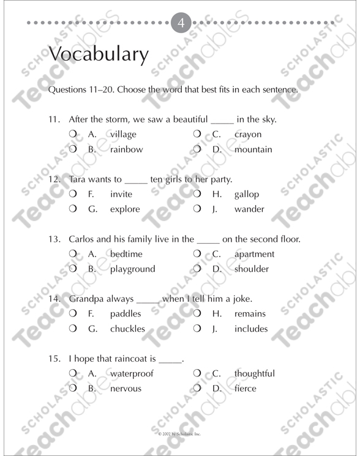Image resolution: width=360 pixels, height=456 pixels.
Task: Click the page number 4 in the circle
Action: click(x=180, y=23)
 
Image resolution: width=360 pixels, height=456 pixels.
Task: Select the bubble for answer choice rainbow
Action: click(x=72, y=149)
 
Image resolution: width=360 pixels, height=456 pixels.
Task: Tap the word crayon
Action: click(x=247, y=134)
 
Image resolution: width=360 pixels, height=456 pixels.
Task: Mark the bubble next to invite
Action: click(x=72, y=194)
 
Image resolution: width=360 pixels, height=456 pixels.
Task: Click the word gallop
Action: click(x=247, y=195)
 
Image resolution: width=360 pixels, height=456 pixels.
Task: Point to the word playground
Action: click(x=133, y=269)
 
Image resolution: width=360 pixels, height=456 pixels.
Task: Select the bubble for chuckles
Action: click(x=72, y=329)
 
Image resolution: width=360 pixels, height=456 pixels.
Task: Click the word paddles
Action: click(x=126, y=314)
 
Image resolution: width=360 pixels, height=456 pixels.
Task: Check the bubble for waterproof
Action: click(x=72, y=373)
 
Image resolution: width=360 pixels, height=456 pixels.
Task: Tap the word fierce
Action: click(x=245, y=388)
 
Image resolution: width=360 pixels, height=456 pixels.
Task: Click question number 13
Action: click(x=55, y=239)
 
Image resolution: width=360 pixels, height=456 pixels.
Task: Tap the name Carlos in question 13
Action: click(x=83, y=239)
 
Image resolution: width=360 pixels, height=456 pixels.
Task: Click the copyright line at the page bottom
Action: click(x=179, y=433)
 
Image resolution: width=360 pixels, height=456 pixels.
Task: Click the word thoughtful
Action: click(x=254, y=373)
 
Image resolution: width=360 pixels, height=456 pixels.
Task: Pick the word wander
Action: click(x=249, y=209)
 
